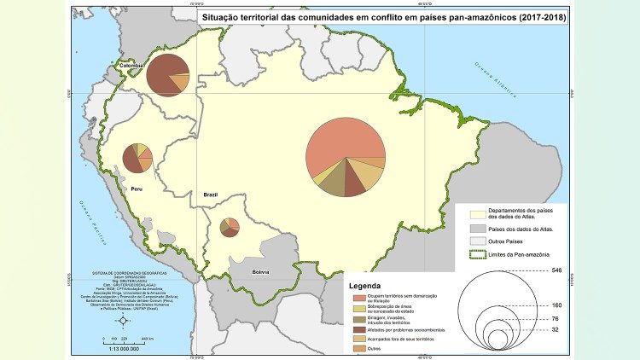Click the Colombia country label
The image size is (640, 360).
pos(131,66)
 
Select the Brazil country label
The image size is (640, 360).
pos(210,195)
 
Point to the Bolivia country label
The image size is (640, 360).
pos(259,272)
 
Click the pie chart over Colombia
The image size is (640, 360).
pos(168,74)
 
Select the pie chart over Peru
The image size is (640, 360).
pos(137,160)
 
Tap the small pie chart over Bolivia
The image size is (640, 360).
pos(229,228)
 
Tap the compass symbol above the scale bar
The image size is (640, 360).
pos(123,321)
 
